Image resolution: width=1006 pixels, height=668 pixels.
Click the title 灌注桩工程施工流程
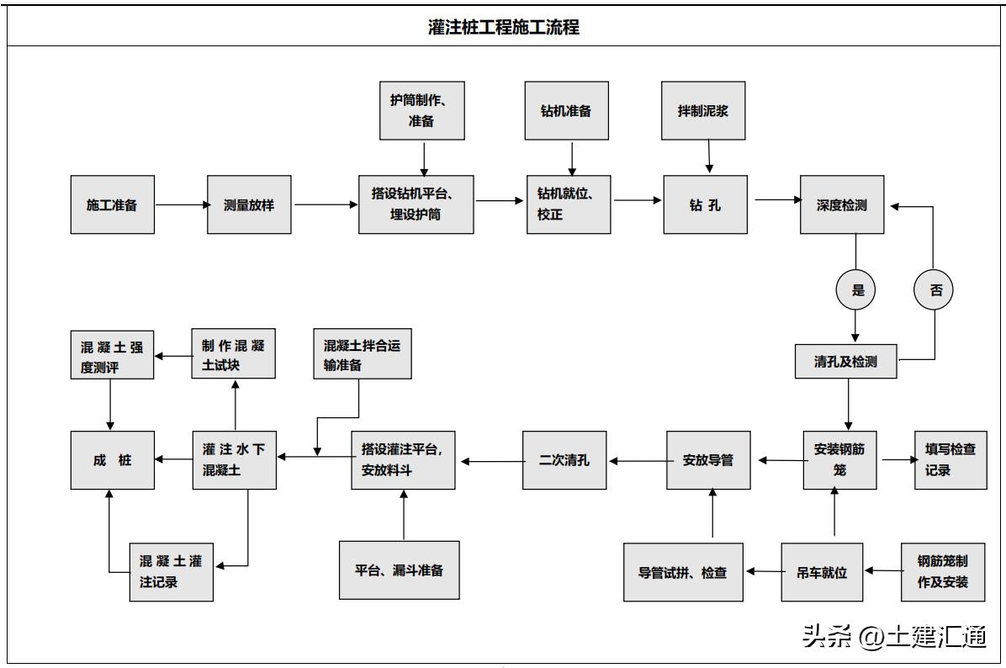503,27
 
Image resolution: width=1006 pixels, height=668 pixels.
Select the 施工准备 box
112,204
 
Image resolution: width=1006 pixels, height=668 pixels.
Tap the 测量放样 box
249,204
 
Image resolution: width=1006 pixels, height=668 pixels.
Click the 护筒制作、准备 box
422,110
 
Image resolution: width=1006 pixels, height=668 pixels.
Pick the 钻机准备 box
566,110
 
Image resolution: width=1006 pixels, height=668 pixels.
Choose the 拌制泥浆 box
703,110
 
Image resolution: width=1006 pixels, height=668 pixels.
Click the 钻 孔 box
705,204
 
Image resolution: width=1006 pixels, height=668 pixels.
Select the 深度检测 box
842,204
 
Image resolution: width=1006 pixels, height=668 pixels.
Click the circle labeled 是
856,290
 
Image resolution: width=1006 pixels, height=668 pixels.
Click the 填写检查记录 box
950,459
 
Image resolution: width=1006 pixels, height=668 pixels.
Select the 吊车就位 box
823,573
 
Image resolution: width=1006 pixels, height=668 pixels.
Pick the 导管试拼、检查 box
683,573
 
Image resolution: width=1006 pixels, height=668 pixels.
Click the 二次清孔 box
564,460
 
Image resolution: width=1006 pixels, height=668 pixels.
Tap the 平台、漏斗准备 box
399,570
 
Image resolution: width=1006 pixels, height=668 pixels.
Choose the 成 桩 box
112,460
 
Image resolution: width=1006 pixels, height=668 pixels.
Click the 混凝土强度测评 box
112,355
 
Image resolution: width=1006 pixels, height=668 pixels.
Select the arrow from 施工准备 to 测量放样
181,204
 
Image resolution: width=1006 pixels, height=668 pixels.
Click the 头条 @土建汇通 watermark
893,637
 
